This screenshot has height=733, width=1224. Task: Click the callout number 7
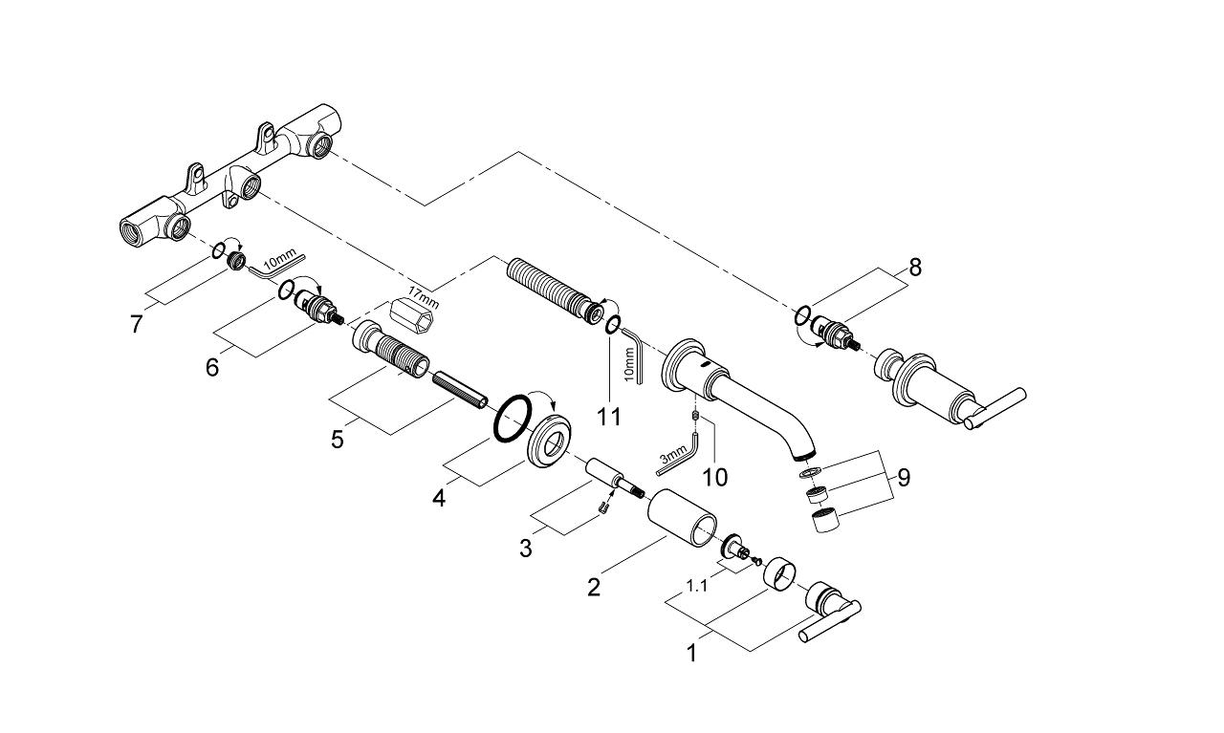(x=137, y=323)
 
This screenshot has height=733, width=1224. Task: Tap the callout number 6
(x=212, y=367)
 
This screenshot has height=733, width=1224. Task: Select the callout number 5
(x=338, y=440)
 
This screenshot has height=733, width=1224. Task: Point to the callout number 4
(x=439, y=498)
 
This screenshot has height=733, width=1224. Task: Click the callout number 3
(x=526, y=549)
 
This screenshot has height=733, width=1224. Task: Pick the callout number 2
(x=594, y=588)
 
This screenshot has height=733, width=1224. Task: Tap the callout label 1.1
(x=697, y=586)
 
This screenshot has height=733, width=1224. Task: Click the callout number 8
(x=915, y=267)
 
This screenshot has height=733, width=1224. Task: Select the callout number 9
(x=904, y=478)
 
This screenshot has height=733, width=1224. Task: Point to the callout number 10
(x=714, y=477)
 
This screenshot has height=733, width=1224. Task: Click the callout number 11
(x=609, y=418)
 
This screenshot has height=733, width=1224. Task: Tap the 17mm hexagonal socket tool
(x=411, y=315)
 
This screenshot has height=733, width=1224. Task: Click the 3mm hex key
(x=678, y=455)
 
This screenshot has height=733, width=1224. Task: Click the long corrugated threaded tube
(x=555, y=290)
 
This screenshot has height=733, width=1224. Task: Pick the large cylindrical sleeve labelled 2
(x=682, y=517)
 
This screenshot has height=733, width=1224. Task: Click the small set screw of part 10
(x=695, y=417)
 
